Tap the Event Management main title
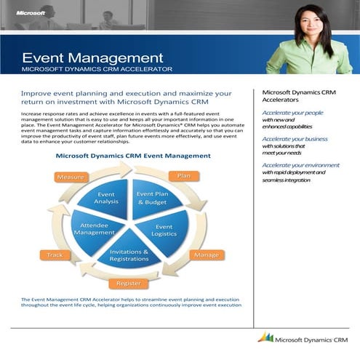92,57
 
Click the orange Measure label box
71,177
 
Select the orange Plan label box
184,175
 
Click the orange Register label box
129,284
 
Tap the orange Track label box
55,255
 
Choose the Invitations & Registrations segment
129,255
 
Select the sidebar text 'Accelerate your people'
292,113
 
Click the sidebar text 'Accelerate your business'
295,138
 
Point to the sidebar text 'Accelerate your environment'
300,164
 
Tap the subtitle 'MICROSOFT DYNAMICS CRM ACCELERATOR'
97,69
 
